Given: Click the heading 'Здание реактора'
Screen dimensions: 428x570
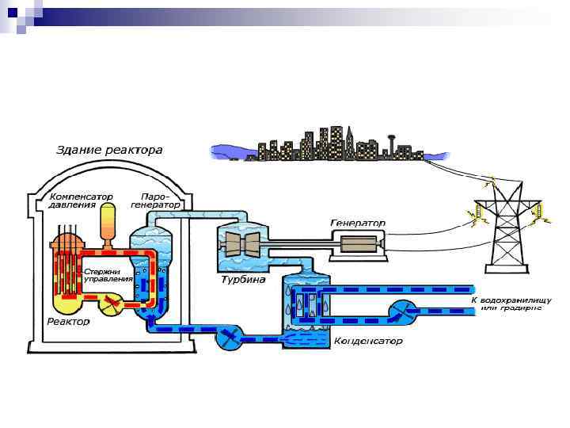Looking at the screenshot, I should click(x=109, y=149).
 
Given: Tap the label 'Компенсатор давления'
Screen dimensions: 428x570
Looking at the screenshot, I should click(x=80, y=200).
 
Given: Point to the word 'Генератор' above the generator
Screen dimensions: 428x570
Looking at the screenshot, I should click(x=358, y=224).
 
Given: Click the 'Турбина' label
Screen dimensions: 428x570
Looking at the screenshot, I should click(x=242, y=280).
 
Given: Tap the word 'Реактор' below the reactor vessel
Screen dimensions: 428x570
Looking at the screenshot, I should click(x=68, y=322).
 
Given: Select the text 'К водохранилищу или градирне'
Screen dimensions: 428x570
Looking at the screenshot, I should click(x=507, y=304).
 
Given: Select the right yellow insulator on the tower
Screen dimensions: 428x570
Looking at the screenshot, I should click(x=537, y=212).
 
